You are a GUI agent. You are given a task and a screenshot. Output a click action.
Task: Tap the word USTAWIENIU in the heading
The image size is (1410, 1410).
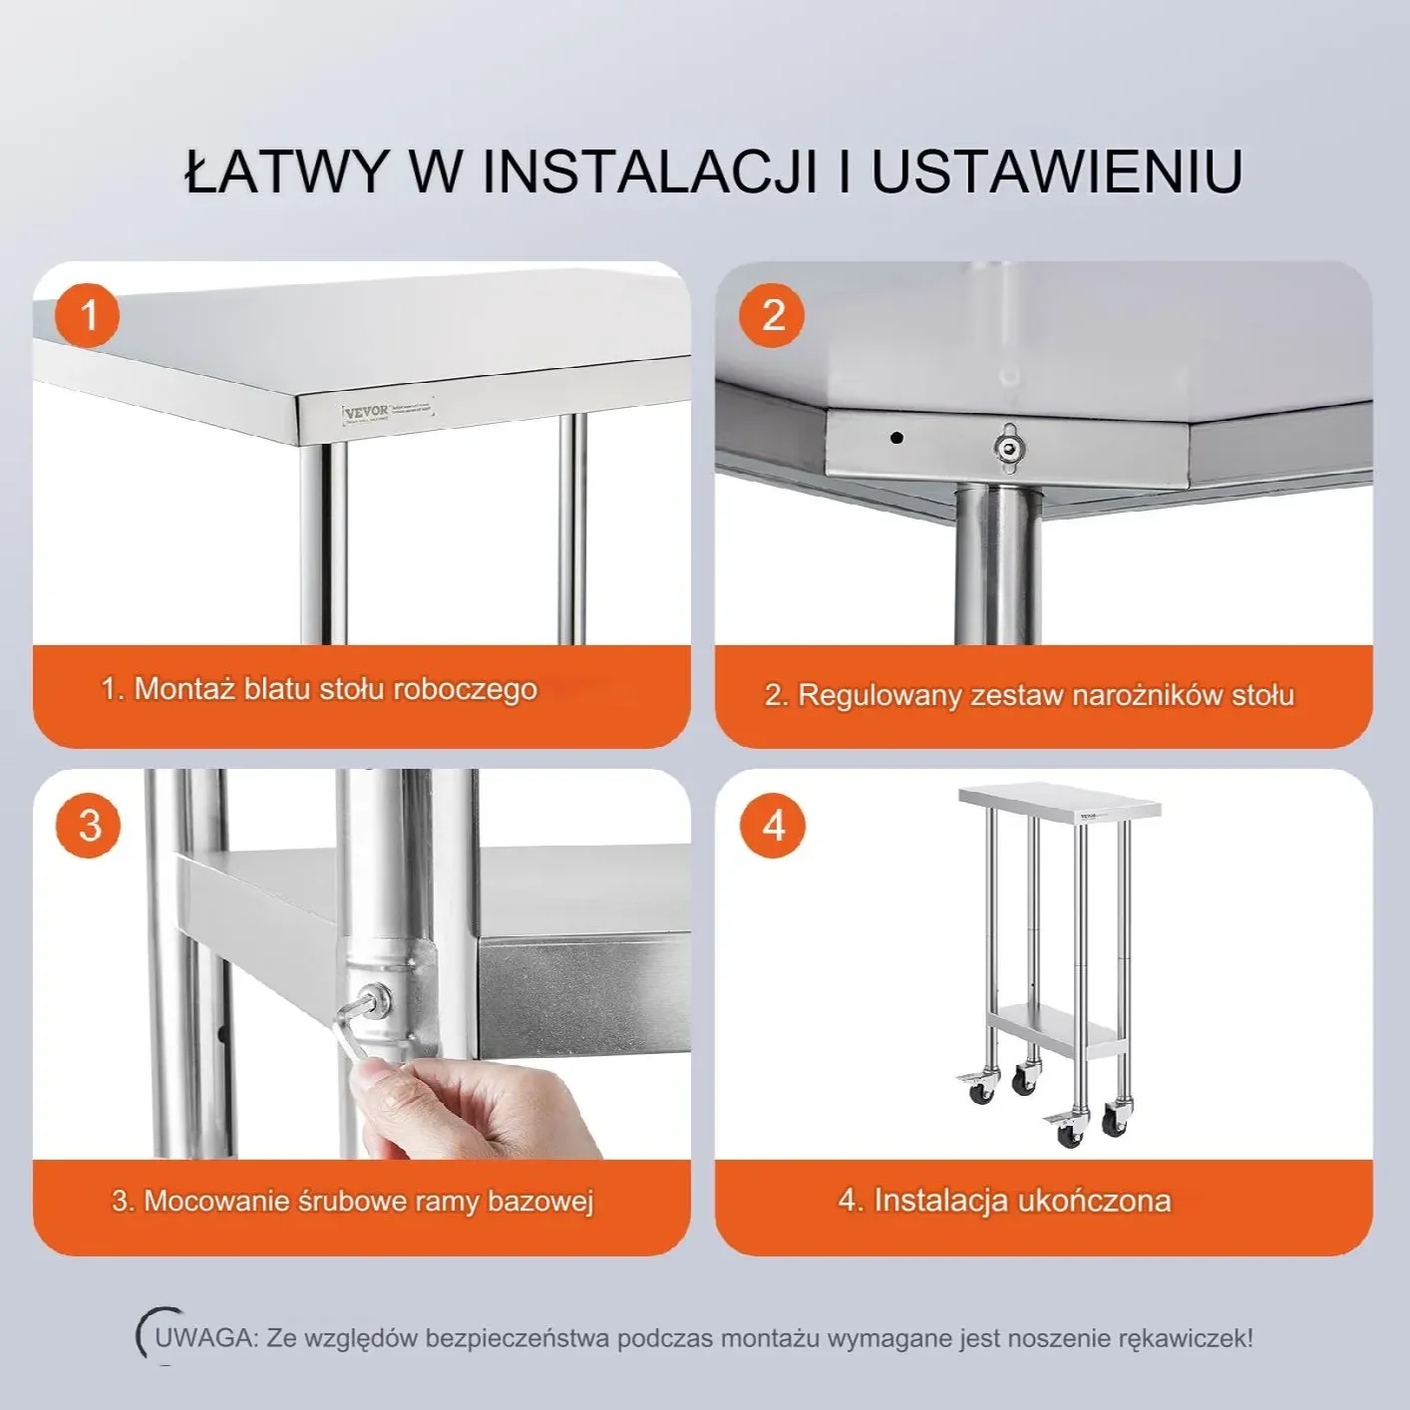pyautogui.click(x=1057, y=172)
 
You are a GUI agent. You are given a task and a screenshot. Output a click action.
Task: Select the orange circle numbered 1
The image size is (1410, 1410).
pyautogui.click(x=87, y=315)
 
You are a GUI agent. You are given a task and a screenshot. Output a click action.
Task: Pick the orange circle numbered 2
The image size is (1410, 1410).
pyautogui.click(x=772, y=315)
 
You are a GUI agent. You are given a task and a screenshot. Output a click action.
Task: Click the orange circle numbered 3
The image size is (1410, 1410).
pyautogui.click(x=88, y=826)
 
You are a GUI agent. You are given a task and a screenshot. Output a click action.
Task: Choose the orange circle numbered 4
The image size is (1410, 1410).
pyautogui.click(x=773, y=826)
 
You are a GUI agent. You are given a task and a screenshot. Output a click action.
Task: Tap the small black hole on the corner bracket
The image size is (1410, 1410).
pyautogui.click(x=897, y=438)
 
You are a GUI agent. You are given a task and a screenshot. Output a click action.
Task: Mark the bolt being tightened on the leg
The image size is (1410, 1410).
pyautogui.click(x=378, y=1000)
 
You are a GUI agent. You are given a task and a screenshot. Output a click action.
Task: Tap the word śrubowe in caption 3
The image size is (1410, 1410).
pyautogui.click(x=355, y=1201)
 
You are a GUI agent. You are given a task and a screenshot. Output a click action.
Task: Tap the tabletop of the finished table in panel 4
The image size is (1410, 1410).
pyautogui.click(x=1060, y=802)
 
